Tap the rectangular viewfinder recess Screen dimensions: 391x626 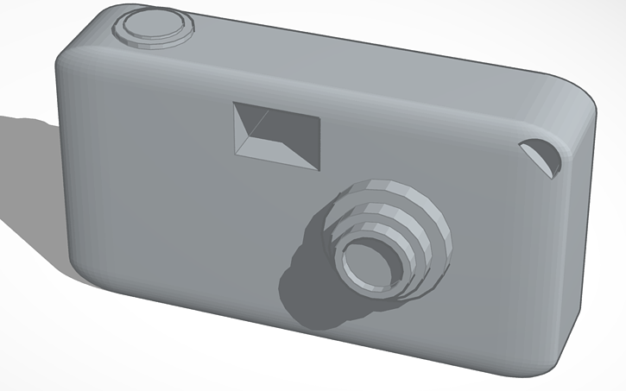point(277,135)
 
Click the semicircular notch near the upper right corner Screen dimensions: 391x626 point(543,155)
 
